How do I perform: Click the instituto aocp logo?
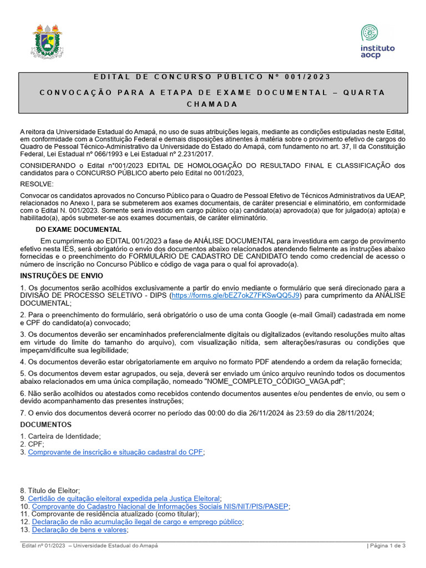tap(377, 41)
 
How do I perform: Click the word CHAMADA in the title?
tap(212, 104)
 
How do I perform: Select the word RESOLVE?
tap(37, 184)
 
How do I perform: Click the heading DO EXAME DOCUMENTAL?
tap(78, 229)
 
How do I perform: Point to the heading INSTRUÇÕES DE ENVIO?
tap(62, 275)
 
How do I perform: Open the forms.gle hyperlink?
tap(236, 296)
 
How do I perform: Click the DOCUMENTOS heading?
tap(43, 424)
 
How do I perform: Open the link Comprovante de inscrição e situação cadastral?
tap(115, 452)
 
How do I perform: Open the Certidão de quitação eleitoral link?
tap(124, 499)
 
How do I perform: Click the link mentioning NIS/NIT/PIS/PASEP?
tap(160, 506)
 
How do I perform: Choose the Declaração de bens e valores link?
tap(79, 530)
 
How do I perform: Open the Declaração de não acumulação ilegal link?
tap(137, 522)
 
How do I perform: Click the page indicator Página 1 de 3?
tap(387, 546)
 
